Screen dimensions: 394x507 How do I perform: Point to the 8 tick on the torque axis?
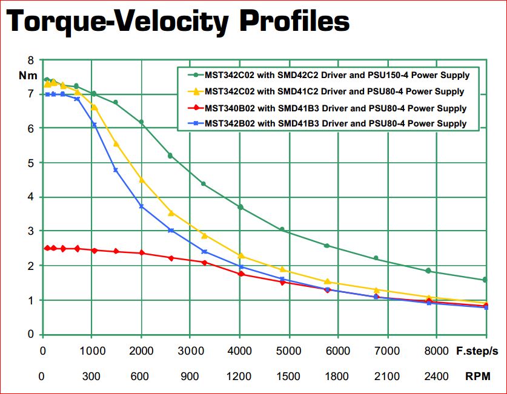(31, 60)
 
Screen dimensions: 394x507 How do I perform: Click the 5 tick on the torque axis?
(31, 163)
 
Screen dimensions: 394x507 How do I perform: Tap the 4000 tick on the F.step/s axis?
(239, 351)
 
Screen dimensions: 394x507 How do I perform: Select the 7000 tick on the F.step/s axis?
(387, 351)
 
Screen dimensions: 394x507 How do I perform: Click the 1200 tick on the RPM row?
(239, 376)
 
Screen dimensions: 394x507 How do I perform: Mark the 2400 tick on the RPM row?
(436, 376)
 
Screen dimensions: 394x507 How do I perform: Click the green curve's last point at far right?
(485, 280)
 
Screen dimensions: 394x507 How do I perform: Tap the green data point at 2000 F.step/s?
(141, 122)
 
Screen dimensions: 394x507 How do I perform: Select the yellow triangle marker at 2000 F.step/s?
(141, 179)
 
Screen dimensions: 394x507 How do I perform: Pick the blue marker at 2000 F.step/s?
(141, 206)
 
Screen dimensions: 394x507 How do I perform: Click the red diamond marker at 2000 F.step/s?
(141, 253)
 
